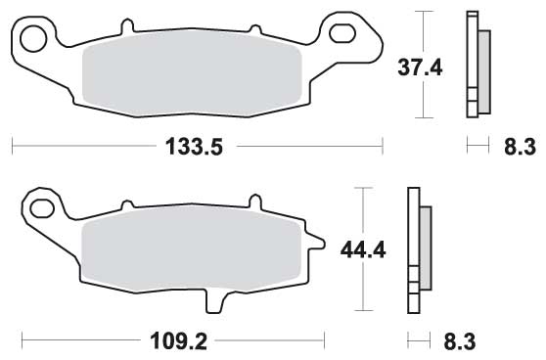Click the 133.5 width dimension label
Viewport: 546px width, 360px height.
click(194, 146)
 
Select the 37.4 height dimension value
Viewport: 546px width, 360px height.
click(420, 67)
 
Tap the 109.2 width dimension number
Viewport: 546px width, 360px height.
click(178, 341)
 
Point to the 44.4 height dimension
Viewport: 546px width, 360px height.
click(363, 249)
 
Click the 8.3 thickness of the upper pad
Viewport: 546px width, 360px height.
click(520, 147)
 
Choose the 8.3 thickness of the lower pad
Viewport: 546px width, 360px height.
click(460, 341)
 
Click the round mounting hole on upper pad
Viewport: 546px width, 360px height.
click(33, 39)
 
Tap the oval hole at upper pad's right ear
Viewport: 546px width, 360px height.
click(342, 33)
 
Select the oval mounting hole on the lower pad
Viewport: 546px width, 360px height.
click(42, 208)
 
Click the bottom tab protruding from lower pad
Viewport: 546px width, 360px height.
click(214, 302)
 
